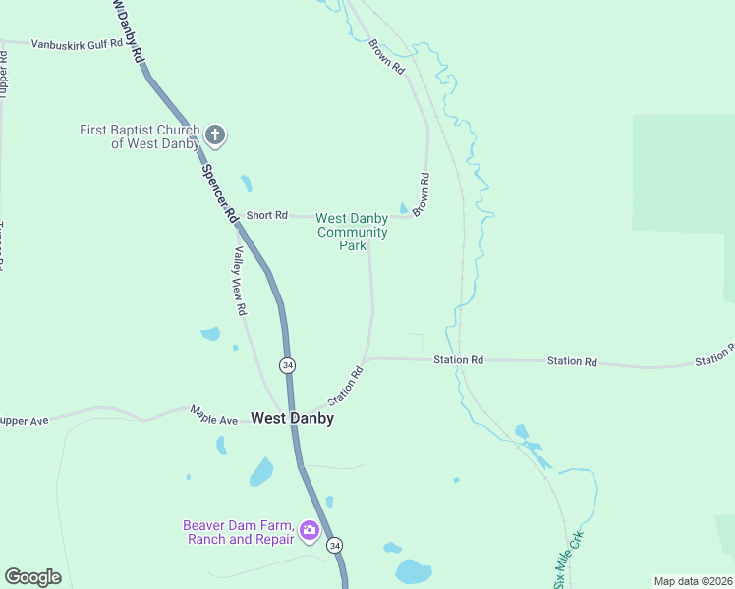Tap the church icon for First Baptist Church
tap(215, 134)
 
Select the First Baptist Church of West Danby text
tap(140, 136)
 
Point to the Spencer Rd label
tap(220, 191)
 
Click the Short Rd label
tap(266, 215)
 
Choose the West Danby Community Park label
tap(352, 232)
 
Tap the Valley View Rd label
tap(239, 280)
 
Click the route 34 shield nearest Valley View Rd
tap(286, 365)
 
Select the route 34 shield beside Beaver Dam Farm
tap(336, 545)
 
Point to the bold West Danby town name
tap(292, 418)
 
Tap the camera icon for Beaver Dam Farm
tap(309, 532)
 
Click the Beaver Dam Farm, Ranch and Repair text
tap(239, 532)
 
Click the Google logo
tap(32, 577)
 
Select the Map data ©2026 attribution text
tap(694, 581)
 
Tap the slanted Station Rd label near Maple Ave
tap(345, 386)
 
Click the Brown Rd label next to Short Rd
tap(422, 194)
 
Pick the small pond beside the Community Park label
tap(404, 207)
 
